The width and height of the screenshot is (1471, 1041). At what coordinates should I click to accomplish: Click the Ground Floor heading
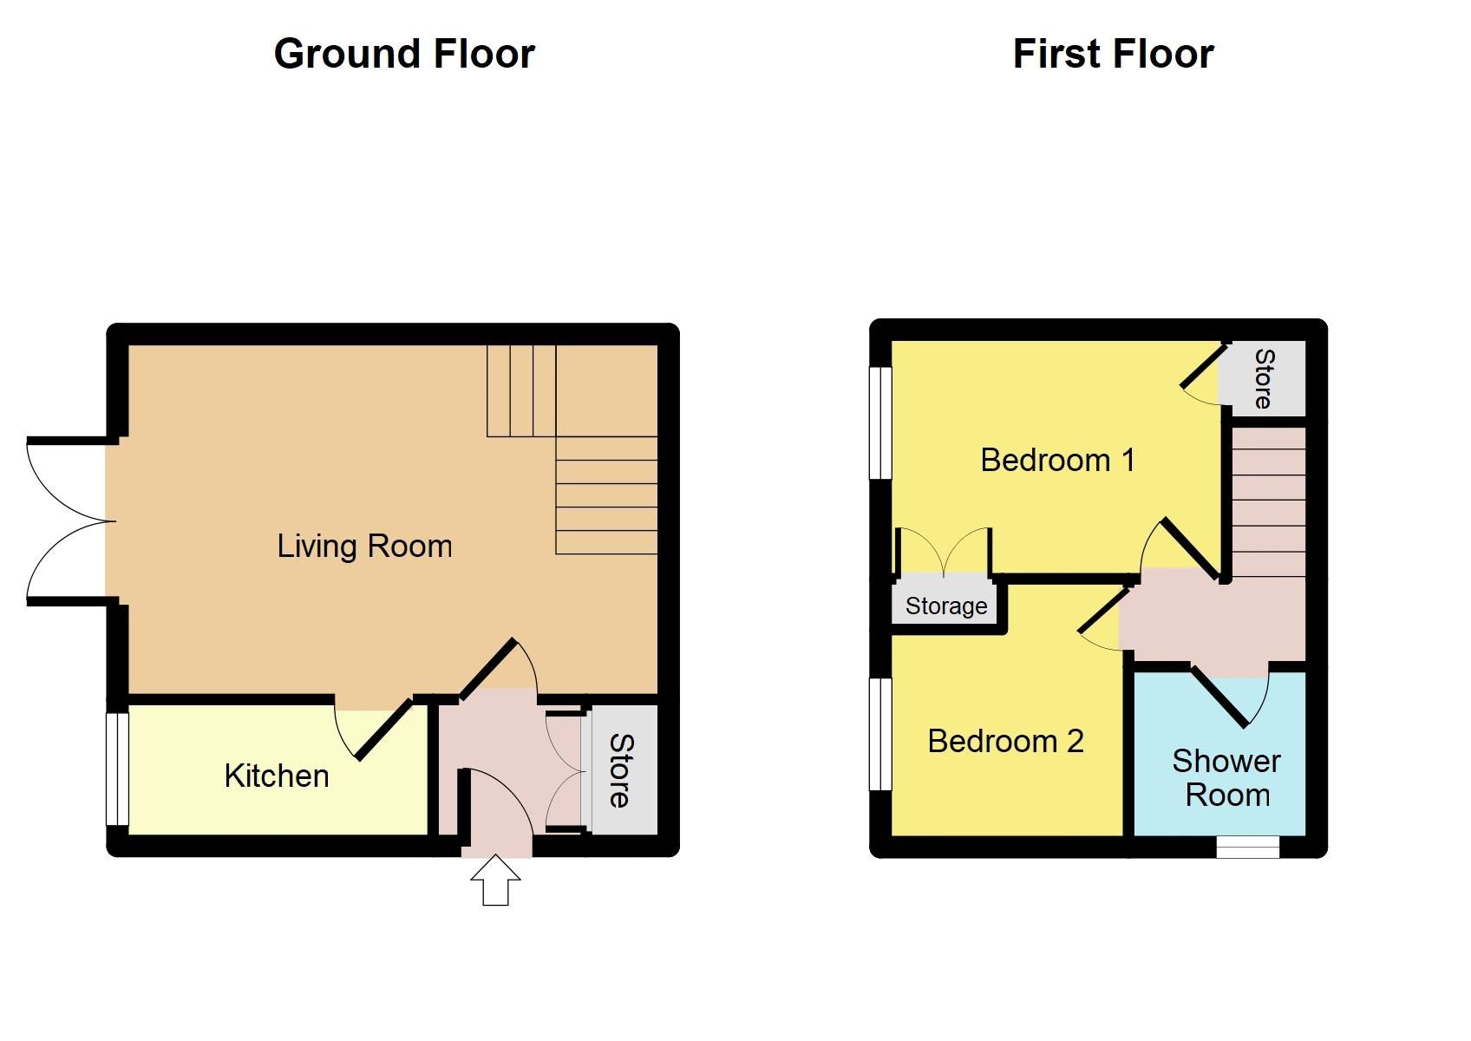[x=404, y=54]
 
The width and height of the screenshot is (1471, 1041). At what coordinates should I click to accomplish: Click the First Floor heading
[x=1113, y=54]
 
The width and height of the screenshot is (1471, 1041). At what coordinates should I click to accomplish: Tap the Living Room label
[x=364, y=547]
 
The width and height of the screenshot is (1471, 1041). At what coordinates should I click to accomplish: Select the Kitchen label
[x=277, y=776]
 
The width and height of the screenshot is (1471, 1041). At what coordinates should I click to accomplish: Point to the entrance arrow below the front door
[x=495, y=880]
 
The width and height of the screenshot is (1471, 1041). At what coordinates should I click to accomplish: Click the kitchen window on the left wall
[x=118, y=769]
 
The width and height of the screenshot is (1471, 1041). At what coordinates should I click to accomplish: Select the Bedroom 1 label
[x=1057, y=460]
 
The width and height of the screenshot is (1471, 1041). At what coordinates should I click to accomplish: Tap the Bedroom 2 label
[x=1005, y=741]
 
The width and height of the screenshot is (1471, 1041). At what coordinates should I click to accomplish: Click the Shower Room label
[x=1226, y=777]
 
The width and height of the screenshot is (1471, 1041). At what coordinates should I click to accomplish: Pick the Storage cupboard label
[x=946, y=606]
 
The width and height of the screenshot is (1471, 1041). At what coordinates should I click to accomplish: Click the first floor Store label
[x=1264, y=378]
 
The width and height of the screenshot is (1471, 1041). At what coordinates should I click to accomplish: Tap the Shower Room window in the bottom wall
[x=1247, y=847]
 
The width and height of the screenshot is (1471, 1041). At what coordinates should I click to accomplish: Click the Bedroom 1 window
[x=880, y=422]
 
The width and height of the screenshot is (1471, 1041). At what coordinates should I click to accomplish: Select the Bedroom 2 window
[x=880, y=734]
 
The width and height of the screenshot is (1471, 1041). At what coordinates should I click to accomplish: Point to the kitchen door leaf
[x=383, y=728]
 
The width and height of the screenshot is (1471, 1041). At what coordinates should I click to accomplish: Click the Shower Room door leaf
[x=1220, y=696]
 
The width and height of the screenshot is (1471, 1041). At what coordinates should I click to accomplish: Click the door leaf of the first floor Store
[x=1203, y=365]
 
